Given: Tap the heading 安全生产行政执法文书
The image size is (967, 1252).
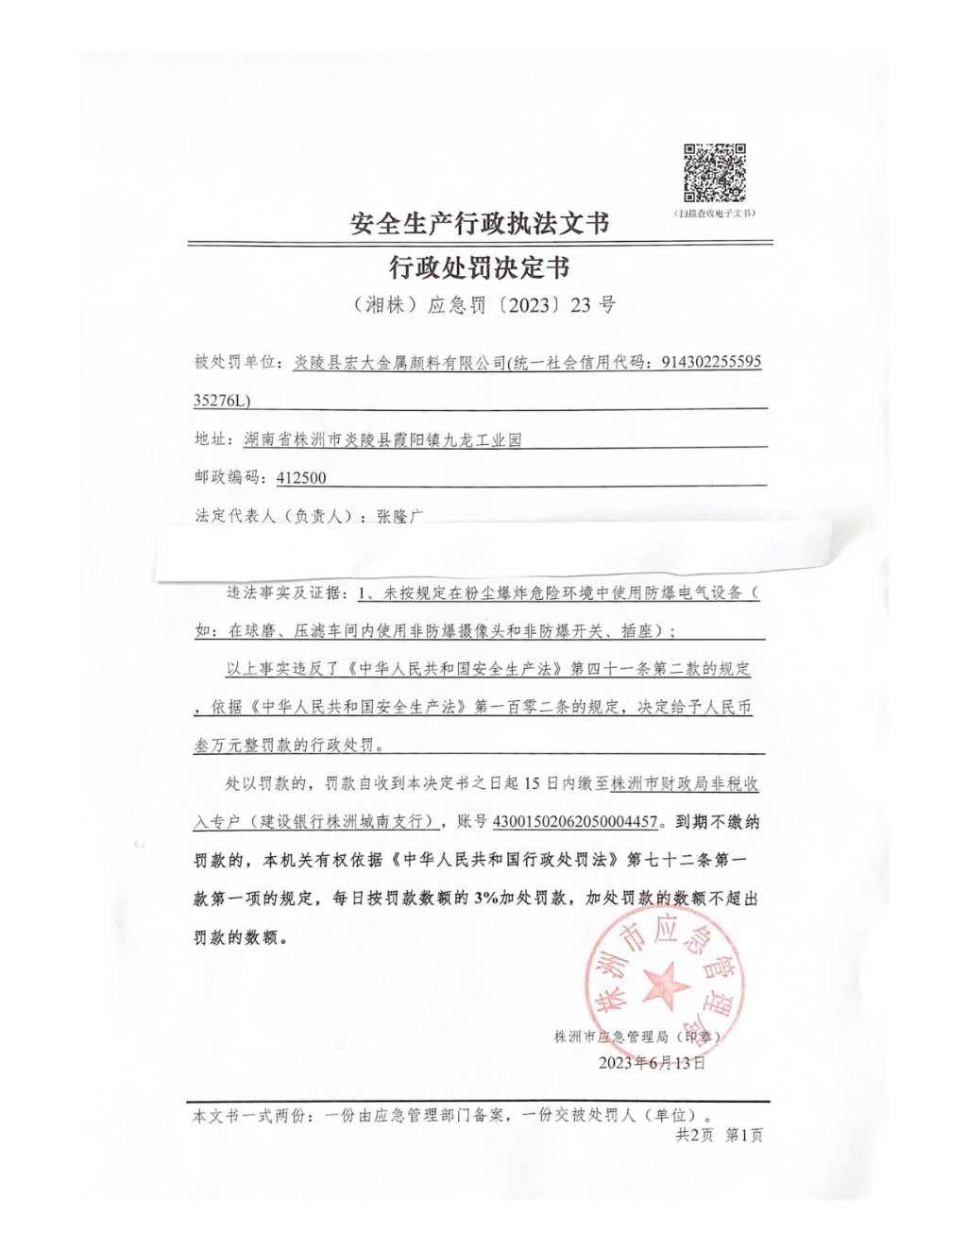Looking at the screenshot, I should [x=480, y=223].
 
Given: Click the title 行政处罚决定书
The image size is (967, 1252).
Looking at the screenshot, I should [x=480, y=267].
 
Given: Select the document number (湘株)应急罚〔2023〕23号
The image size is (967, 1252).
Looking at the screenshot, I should [x=483, y=304].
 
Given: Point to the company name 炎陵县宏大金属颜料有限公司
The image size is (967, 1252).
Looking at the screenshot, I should [x=399, y=362].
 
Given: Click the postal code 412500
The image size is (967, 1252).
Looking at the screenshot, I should [x=301, y=478].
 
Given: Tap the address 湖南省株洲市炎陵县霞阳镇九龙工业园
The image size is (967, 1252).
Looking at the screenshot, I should [x=382, y=439].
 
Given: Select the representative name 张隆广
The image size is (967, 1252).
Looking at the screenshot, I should [x=400, y=516].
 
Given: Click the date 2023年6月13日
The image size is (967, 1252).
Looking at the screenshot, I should [x=652, y=1063].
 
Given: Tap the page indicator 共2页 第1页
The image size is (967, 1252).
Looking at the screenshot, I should [x=719, y=1135].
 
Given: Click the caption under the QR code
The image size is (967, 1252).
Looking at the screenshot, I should [x=714, y=214].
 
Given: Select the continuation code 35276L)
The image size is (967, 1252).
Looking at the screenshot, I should [x=222, y=401].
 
